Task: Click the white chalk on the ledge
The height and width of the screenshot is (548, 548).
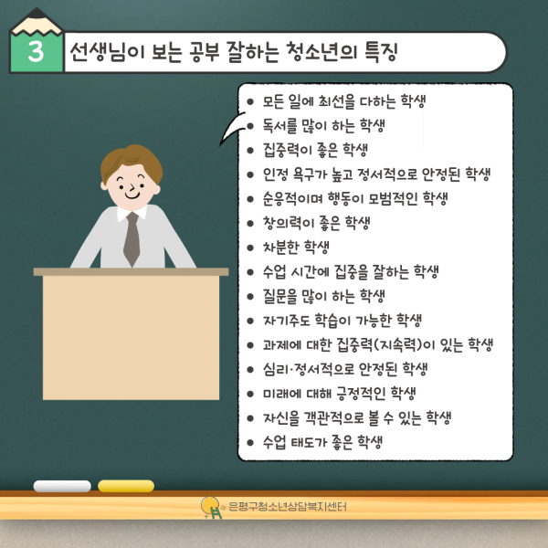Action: pos(62,486)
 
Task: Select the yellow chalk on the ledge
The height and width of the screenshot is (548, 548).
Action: pos(125,486)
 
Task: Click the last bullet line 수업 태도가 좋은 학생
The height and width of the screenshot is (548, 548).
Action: pos(321,443)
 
